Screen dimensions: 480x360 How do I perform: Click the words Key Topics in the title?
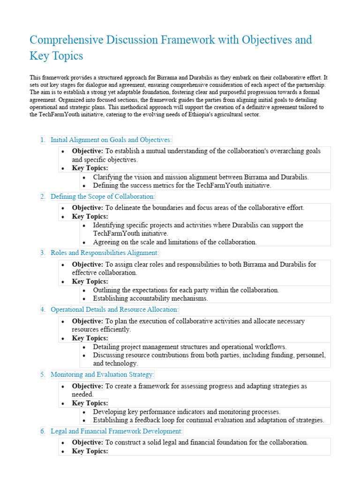tap(56, 56)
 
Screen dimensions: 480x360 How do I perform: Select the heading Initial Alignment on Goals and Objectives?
tap(111, 140)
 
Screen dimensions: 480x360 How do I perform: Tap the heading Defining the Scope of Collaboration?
tap(103, 196)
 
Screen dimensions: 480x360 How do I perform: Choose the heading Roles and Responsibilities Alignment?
tap(105, 253)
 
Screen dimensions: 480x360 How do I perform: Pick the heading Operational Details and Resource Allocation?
tap(114, 310)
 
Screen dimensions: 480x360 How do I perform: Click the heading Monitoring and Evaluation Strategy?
tap(102, 375)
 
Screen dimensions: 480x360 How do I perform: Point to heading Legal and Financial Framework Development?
tap(117, 431)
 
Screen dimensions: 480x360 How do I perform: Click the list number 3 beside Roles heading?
tap(42, 253)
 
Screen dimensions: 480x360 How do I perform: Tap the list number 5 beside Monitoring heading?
tap(42, 375)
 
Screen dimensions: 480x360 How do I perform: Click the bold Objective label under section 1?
tap(87, 151)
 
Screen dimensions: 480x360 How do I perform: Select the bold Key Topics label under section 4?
tap(90, 338)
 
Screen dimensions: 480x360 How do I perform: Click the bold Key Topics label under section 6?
tap(90, 451)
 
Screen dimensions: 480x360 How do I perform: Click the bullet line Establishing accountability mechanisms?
tap(150, 298)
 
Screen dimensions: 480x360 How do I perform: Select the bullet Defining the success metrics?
tap(182, 185)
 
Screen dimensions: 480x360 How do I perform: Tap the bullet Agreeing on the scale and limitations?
tap(174, 242)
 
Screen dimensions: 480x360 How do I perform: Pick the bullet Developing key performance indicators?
tap(187, 412)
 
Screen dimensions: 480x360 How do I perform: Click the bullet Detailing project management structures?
tap(189, 347)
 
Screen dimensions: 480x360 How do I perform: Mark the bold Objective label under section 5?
tap(87, 386)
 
